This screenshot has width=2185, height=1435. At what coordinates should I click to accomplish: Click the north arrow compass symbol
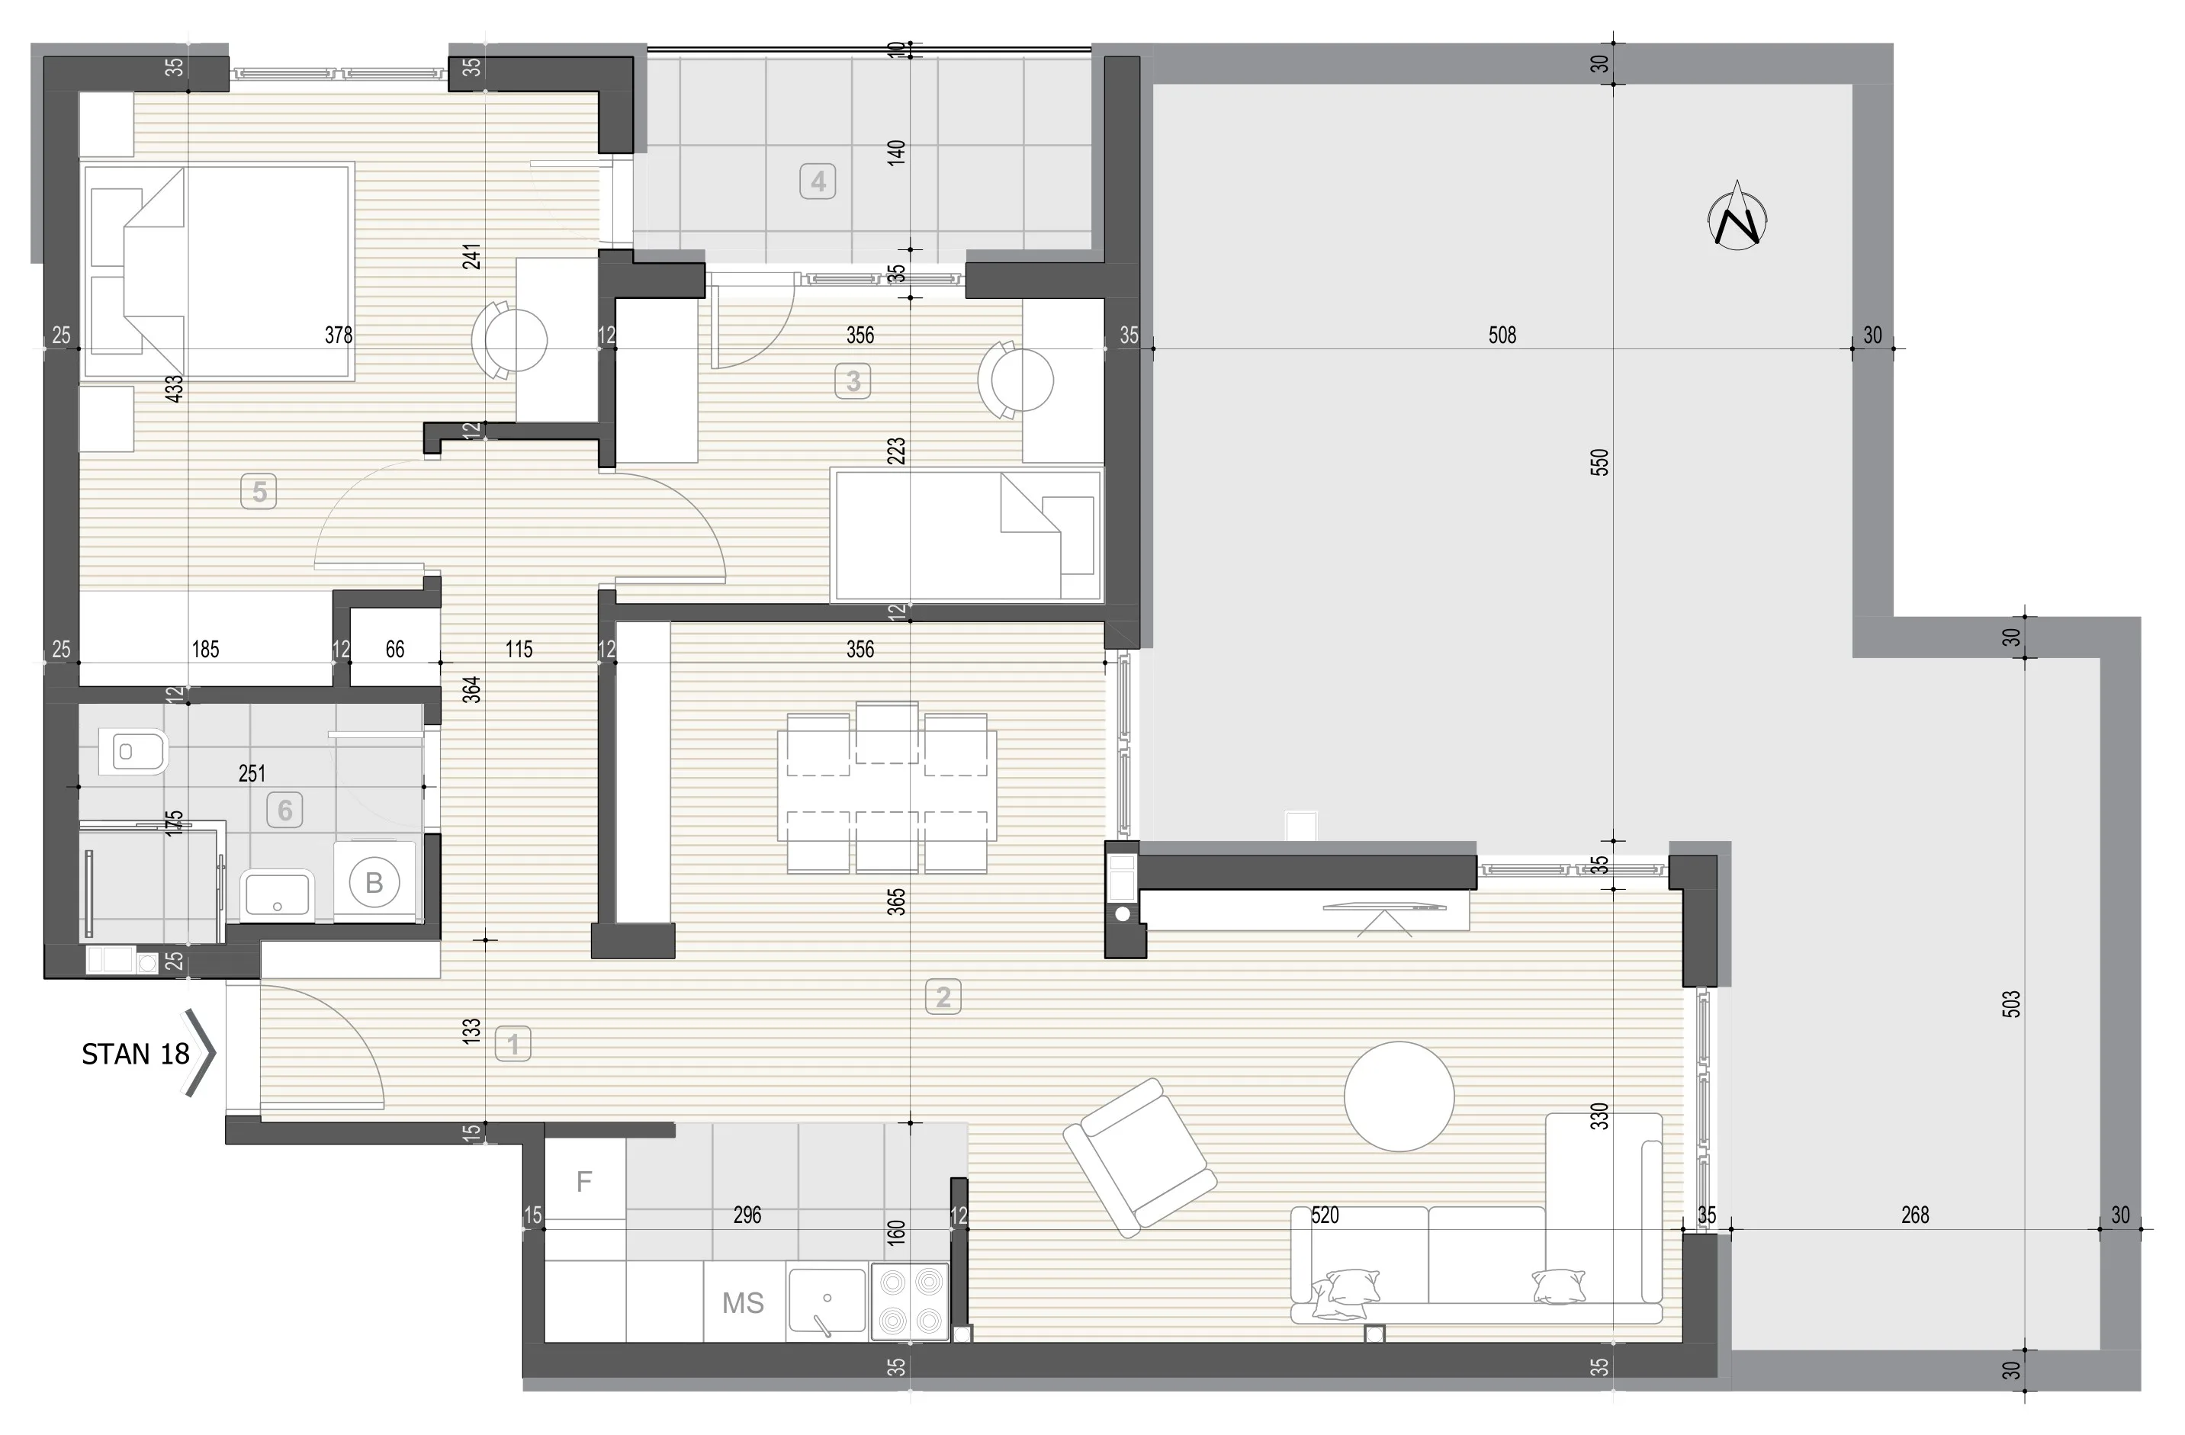point(1737,217)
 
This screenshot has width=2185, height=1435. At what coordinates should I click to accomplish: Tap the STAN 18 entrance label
point(136,1054)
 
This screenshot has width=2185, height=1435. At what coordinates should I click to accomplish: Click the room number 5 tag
point(259,491)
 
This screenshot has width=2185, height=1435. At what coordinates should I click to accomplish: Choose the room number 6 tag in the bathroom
point(284,810)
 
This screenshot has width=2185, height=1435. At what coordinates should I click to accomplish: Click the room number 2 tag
point(943,997)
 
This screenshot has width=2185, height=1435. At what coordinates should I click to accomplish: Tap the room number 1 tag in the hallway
point(513,1044)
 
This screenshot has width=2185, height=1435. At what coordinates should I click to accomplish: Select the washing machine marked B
point(374,882)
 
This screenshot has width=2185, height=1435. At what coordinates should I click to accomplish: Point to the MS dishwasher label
point(743,1303)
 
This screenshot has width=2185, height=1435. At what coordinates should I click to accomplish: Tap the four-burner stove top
point(910,1301)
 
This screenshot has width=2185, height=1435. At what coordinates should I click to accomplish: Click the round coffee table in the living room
point(1399,1096)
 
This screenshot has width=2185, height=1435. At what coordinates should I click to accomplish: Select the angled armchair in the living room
point(1140,1156)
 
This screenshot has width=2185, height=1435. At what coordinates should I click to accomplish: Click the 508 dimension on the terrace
point(1502,335)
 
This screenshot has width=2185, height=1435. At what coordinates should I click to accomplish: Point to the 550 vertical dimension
point(1599,462)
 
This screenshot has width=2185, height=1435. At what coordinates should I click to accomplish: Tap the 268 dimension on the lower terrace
point(1915,1215)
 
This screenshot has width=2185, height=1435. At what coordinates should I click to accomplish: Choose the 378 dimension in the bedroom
point(339,335)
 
